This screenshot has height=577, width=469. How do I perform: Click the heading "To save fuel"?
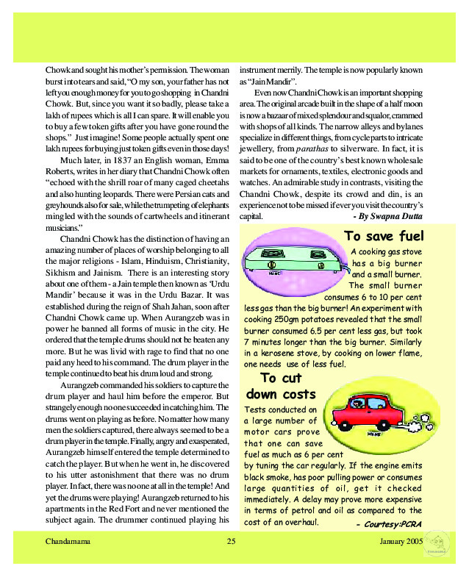tap(383, 236)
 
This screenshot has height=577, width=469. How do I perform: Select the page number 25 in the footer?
tap(231, 542)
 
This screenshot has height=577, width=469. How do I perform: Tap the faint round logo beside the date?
tap(439, 548)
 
